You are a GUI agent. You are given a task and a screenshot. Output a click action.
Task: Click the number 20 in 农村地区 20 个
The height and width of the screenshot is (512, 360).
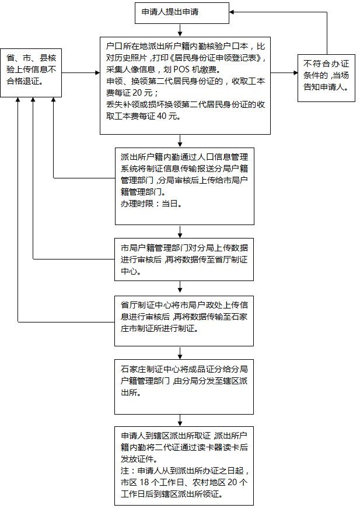click(231, 483)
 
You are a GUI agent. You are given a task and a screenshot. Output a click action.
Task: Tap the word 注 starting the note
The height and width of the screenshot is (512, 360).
click(124, 471)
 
